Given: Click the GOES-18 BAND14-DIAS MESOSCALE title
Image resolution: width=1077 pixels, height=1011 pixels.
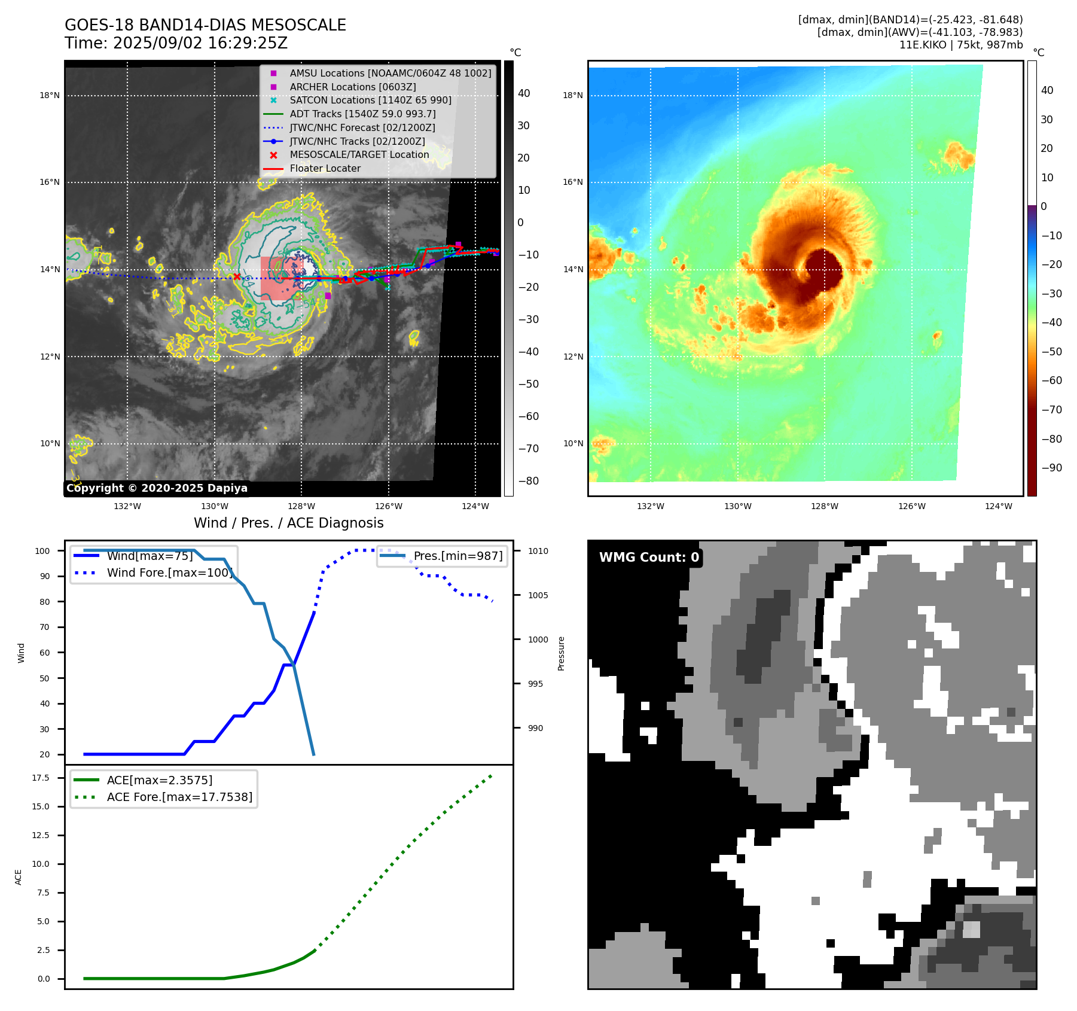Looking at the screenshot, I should pyautogui.click(x=205, y=25).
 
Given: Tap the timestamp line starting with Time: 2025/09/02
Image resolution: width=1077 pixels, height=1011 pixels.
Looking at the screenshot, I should pyautogui.click(x=176, y=43).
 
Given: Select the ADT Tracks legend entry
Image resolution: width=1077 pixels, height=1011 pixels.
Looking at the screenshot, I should pyautogui.click(x=362, y=114).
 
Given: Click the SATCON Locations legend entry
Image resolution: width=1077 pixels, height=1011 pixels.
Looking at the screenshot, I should pyautogui.click(x=370, y=100).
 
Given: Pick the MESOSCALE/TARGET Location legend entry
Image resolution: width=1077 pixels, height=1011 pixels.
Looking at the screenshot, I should pyautogui.click(x=359, y=154).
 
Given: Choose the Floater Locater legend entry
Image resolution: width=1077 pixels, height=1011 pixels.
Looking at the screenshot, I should pyautogui.click(x=325, y=168).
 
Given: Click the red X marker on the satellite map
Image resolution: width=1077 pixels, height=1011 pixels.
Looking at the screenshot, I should pyautogui.click(x=237, y=276).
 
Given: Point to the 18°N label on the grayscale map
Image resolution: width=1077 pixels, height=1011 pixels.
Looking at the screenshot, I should pyautogui.click(x=50, y=95).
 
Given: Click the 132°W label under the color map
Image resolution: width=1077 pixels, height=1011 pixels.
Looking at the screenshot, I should pyautogui.click(x=650, y=506).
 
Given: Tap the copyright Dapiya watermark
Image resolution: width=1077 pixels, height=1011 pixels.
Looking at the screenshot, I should pyautogui.click(x=157, y=488).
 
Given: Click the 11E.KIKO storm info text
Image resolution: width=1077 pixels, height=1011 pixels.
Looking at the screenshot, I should pyautogui.click(x=961, y=45).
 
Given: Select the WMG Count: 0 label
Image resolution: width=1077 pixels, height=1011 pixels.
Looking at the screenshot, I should pyautogui.click(x=649, y=558).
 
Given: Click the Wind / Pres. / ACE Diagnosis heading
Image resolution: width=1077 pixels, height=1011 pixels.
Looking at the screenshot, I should pyautogui.click(x=288, y=523).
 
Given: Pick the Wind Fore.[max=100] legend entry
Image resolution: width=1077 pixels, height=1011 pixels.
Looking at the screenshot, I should pyautogui.click(x=169, y=573).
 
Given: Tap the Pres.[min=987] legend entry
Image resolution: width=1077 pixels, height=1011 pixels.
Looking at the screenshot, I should pyautogui.click(x=458, y=556).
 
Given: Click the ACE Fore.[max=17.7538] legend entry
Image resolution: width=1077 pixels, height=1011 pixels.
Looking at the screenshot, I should pyautogui.click(x=179, y=797).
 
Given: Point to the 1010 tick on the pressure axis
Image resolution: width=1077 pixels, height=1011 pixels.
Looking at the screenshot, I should pyautogui.click(x=538, y=551).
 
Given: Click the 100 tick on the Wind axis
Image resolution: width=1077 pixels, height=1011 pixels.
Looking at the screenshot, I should pyautogui.click(x=42, y=551).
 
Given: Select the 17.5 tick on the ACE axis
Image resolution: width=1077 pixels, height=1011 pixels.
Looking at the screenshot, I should pyautogui.click(x=41, y=778).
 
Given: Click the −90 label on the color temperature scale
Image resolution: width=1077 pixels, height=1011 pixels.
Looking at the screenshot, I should pyautogui.click(x=1051, y=468).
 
